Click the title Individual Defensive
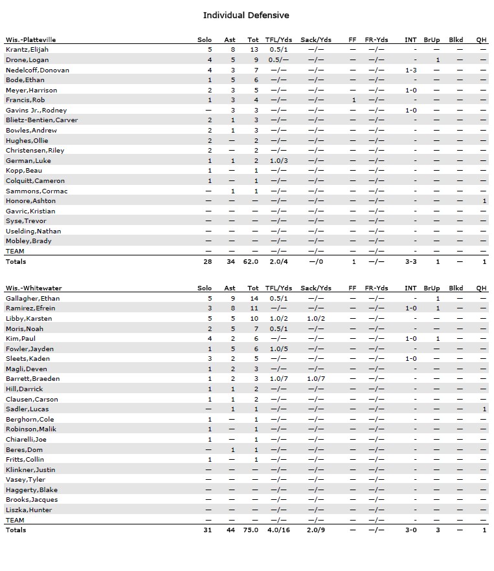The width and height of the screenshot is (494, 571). pos(246,15)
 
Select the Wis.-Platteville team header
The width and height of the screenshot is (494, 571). pos(31,39)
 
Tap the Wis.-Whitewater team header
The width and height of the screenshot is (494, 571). pos(33,288)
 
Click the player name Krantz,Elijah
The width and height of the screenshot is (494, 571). pos(27,50)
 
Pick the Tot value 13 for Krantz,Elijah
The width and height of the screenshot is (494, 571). pos(254,50)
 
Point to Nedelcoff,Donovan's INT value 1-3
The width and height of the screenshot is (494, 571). pos(410,70)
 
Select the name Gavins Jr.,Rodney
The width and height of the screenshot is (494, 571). pos(36,110)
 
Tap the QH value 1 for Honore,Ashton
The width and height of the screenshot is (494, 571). pos(484,201)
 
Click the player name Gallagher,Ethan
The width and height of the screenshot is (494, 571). pos(32,298)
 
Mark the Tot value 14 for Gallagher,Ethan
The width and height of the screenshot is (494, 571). pos(254,298)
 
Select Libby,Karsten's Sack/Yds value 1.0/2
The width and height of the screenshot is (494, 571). pos(316,319)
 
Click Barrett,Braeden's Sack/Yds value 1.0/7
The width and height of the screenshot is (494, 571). pos(316,379)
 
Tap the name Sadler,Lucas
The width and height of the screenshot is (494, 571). pos(27,409)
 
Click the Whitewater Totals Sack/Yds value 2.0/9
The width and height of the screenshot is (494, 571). pos(316,530)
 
